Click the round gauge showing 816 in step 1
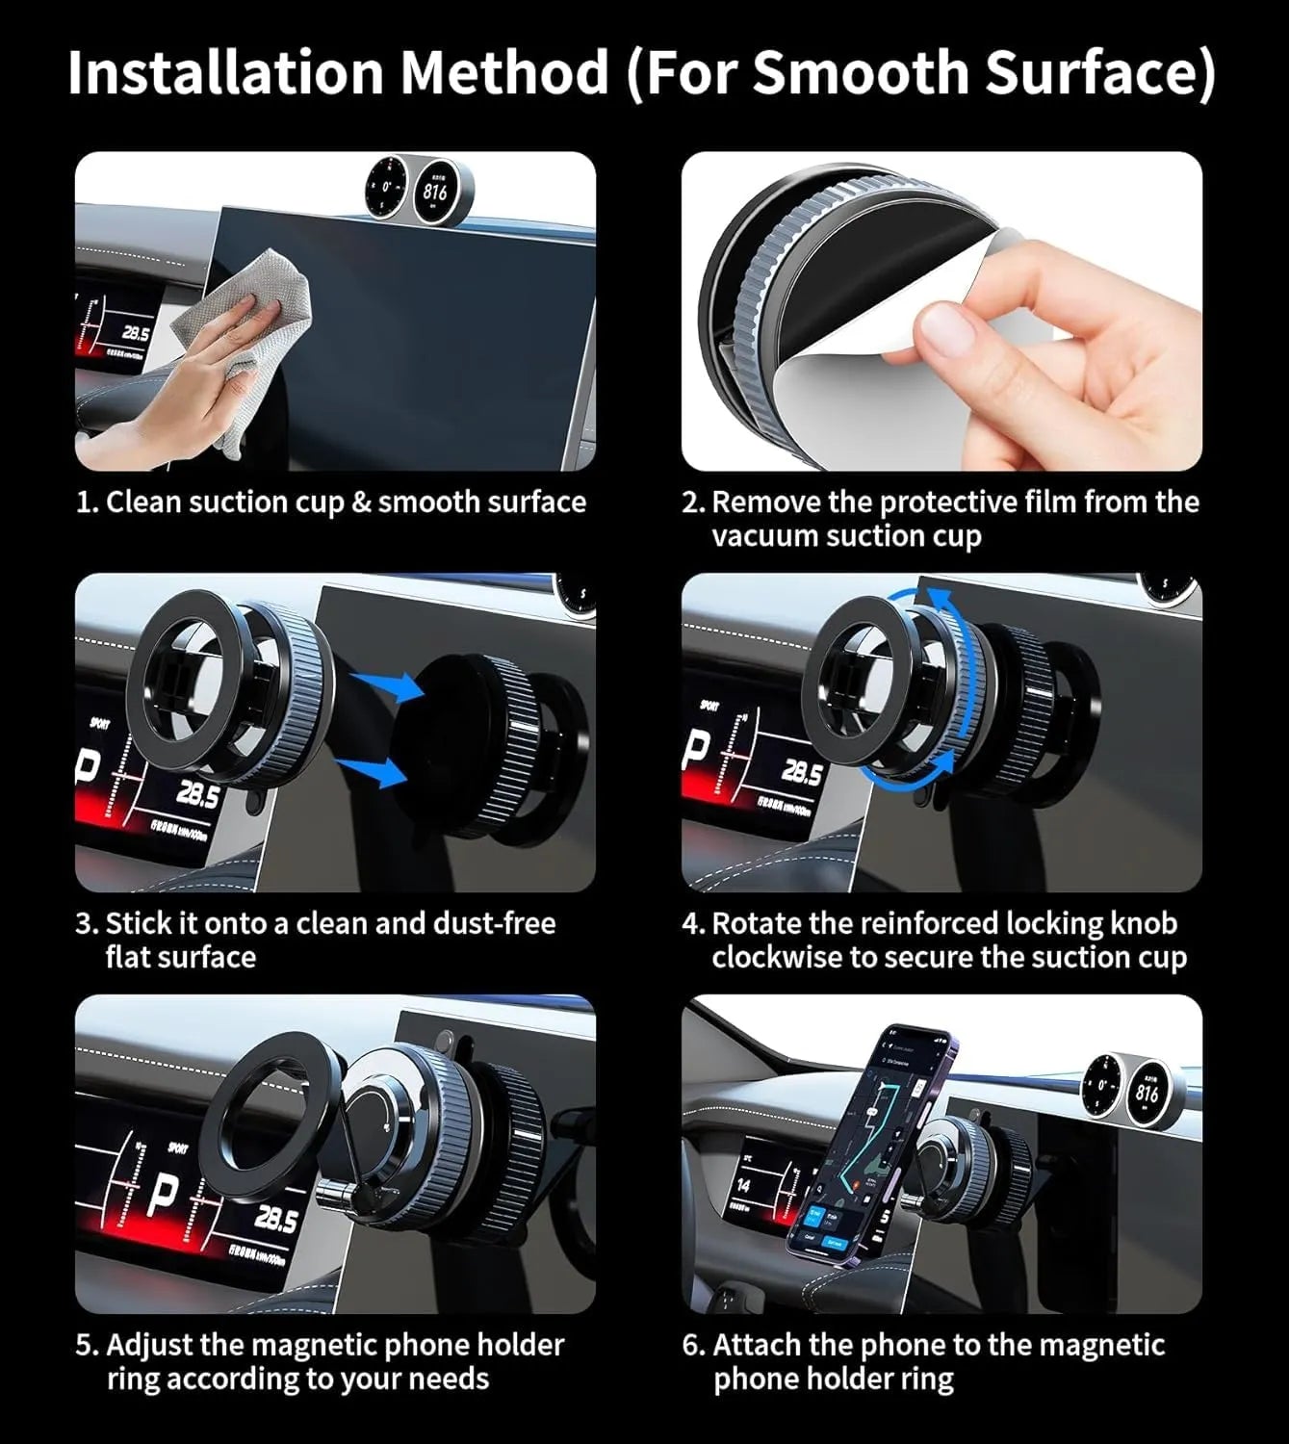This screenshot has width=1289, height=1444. [435, 191]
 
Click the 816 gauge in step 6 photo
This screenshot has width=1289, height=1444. [1146, 1093]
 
